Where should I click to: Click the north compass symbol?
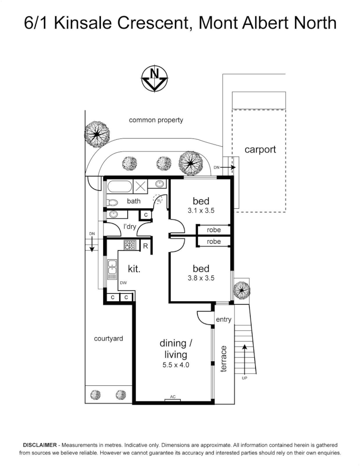(x=154, y=79)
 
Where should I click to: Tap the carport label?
(x=260, y=150)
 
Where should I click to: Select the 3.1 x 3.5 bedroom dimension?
(x=201, y=211)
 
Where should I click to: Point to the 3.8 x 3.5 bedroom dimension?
(x=201, y=278)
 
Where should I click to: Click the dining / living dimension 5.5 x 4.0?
(x=175, y=365)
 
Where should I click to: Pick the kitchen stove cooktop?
(x=130, y=245)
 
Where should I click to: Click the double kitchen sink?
(x=112, y=268)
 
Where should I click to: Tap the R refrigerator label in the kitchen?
(x=146, y=246)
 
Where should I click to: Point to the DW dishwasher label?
(x=123, y=283)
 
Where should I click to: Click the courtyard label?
(x=108, y=339)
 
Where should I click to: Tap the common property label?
(x=156, y=120)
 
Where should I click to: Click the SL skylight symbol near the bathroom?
(x=159, y=200)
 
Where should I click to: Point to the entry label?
(x=224, y=320)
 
